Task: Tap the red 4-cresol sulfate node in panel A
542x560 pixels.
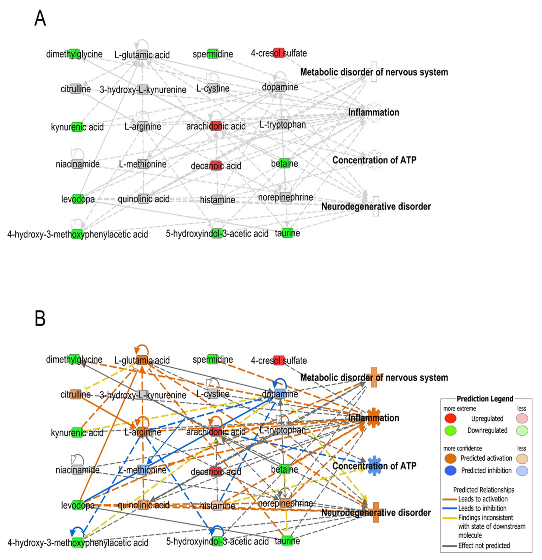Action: coord(279,53)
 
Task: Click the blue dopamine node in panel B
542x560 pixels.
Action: coord(280,394)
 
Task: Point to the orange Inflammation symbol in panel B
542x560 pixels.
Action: coord(374,418)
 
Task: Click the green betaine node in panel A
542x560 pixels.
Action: coord(285,163)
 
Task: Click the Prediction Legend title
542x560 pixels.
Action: coord(485,399)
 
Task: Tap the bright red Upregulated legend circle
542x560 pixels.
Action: coord(450,419)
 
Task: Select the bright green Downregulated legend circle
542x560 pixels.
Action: coord(450,430)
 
